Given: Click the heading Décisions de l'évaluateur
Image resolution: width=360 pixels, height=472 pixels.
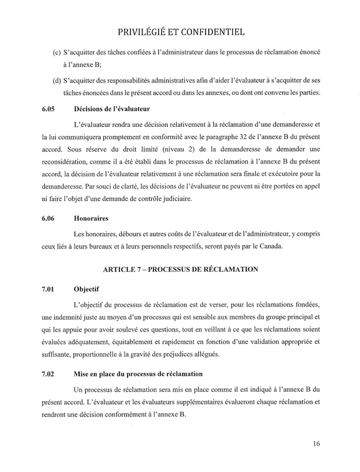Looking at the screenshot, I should (113, 109).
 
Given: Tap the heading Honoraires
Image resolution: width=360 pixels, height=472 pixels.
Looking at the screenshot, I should (92, 218).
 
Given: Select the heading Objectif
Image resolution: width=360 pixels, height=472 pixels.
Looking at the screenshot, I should (87, 288).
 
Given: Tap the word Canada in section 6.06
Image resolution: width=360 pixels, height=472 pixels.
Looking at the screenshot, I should (268, 246).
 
